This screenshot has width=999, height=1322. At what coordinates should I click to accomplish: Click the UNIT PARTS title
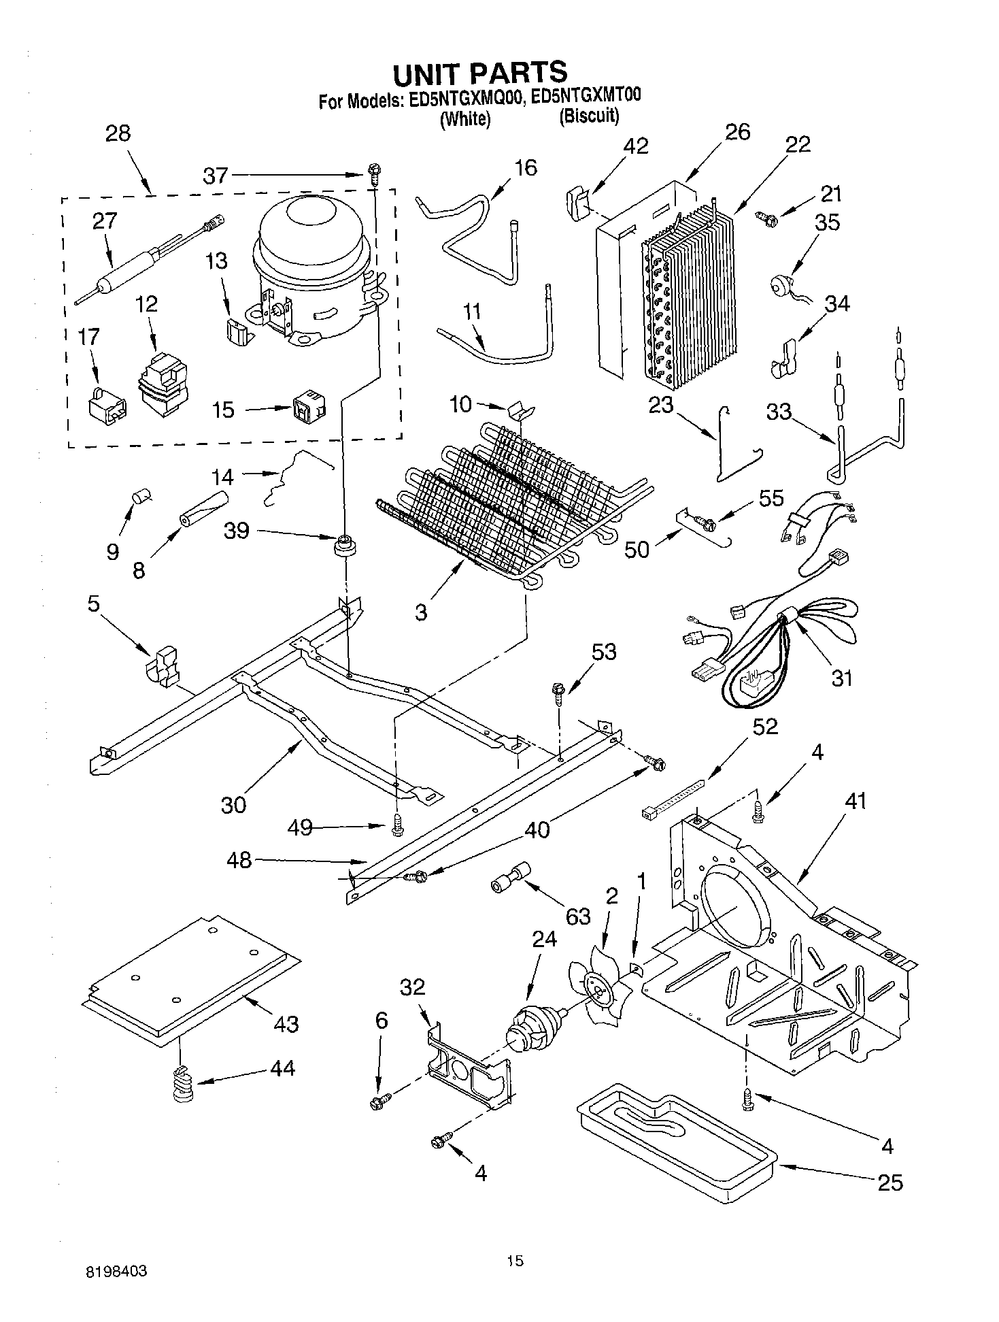479,72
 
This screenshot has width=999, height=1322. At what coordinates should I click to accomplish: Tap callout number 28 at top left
118,133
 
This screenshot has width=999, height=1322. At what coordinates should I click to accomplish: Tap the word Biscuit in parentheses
589,117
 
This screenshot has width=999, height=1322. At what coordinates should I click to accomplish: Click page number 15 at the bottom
515,1261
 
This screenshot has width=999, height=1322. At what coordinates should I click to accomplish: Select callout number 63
578,916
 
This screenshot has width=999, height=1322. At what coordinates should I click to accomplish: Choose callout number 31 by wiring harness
841,678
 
